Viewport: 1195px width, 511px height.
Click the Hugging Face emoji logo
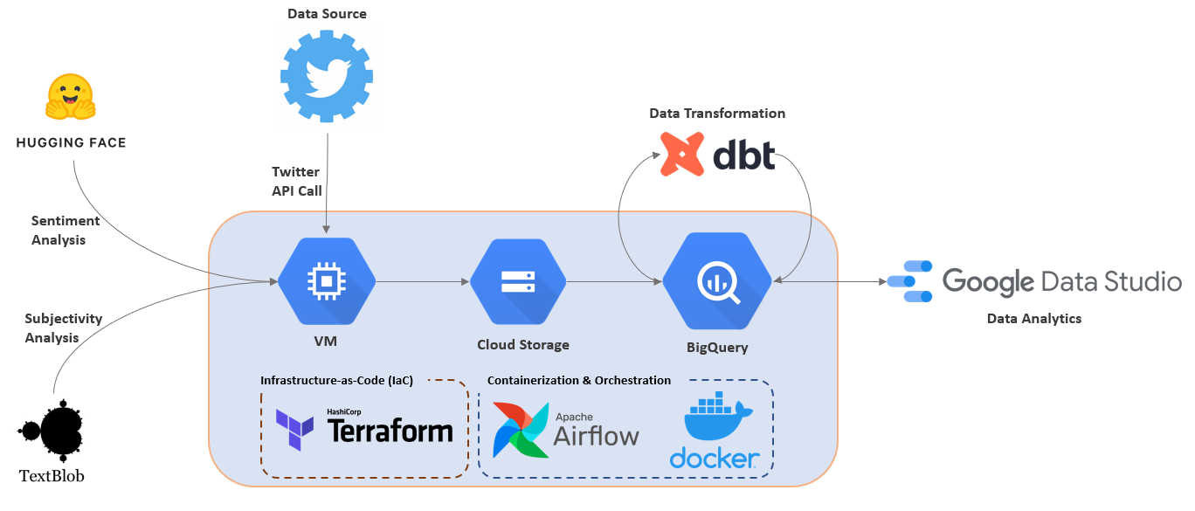(70, 96)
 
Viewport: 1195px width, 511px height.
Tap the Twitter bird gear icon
(327, 77)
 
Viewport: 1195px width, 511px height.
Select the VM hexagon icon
(327, 281)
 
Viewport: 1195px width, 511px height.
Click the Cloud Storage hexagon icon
(518, 281)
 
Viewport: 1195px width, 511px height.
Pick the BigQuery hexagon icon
(716, 281)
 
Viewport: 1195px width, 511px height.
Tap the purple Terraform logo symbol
(294, 429)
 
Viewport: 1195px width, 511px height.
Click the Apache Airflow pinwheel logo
(521, 430)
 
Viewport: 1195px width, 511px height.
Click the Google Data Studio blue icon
(909, 281)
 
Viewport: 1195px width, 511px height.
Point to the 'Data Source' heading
(327, 14)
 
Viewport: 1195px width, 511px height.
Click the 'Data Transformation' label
(716, 114)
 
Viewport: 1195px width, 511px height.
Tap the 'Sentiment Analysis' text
(66, 231)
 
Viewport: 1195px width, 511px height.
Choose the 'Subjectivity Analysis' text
(64, 328)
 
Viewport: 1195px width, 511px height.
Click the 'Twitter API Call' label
(297, 181)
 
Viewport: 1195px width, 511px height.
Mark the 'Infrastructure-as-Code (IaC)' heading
(336, 380)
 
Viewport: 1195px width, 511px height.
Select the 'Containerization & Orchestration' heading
(578, 380)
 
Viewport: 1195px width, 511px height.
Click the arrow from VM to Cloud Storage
(423, 281)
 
